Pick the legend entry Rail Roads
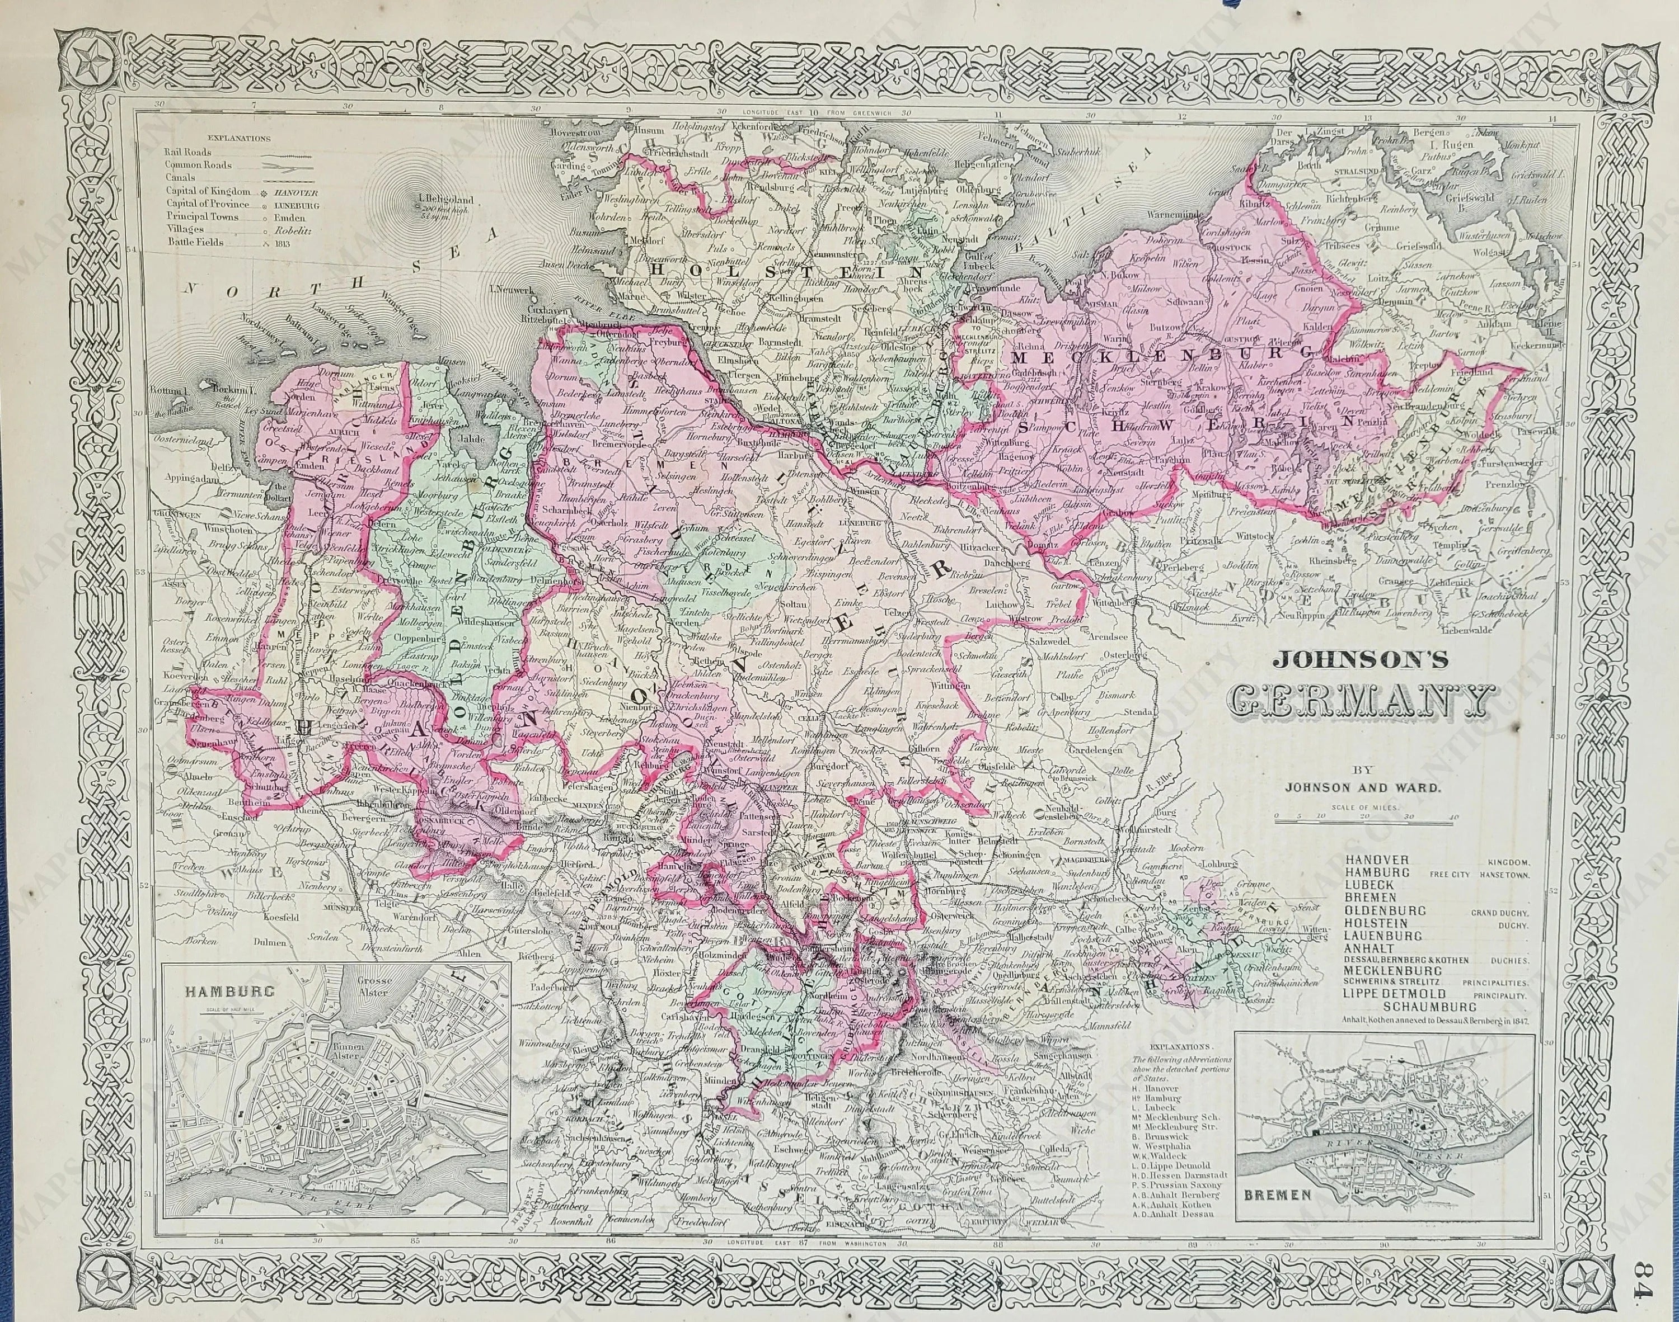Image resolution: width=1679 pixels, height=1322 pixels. pyautogui.click(x=188, y=153)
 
